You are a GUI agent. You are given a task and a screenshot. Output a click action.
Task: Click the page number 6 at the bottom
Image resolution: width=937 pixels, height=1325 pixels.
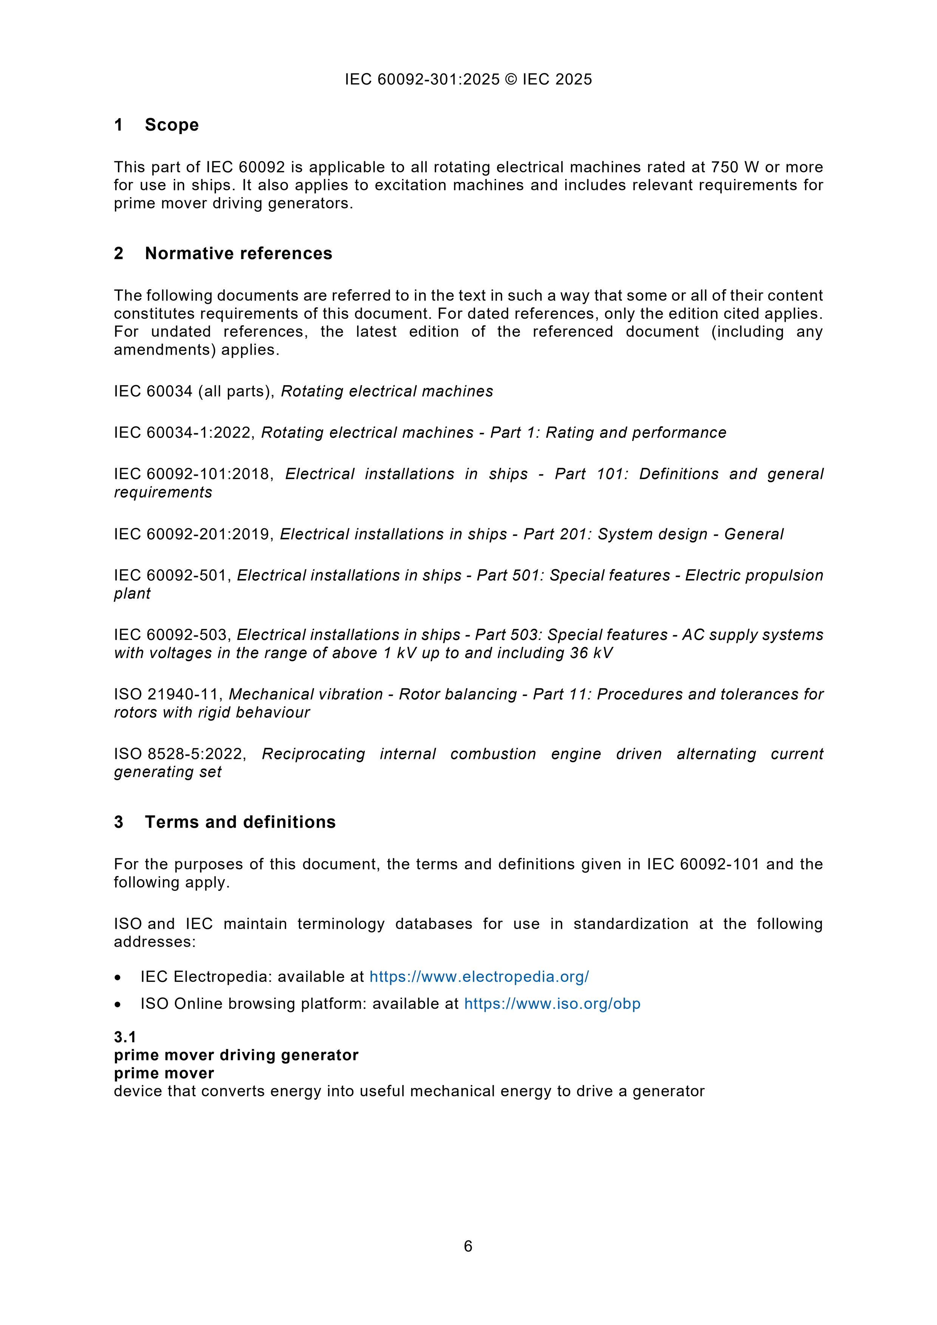(468, 1246)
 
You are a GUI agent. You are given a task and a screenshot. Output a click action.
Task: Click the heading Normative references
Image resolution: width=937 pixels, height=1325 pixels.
(238, 253)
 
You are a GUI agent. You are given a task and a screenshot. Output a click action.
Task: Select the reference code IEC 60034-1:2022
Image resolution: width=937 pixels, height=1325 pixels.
(184, 432)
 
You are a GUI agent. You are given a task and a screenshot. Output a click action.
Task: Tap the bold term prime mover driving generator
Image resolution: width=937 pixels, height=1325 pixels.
(236, 1055)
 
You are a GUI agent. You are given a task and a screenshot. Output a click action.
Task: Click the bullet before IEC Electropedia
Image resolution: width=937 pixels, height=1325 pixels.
(118, 978)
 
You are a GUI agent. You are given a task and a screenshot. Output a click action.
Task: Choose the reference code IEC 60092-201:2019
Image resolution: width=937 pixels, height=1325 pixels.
(192, 534)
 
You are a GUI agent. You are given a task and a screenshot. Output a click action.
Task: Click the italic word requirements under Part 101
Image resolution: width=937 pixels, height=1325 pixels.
(163, 492)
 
